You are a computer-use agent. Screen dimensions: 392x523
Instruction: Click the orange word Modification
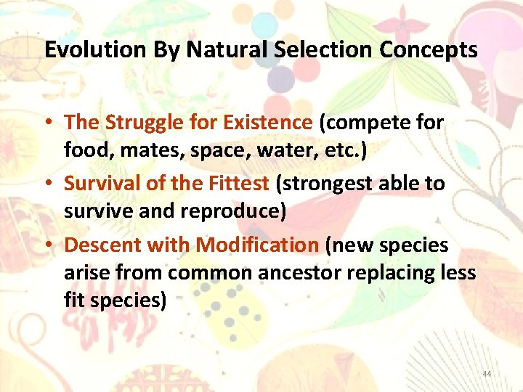point(257,245)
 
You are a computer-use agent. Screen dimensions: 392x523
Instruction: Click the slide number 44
point(487,373)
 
